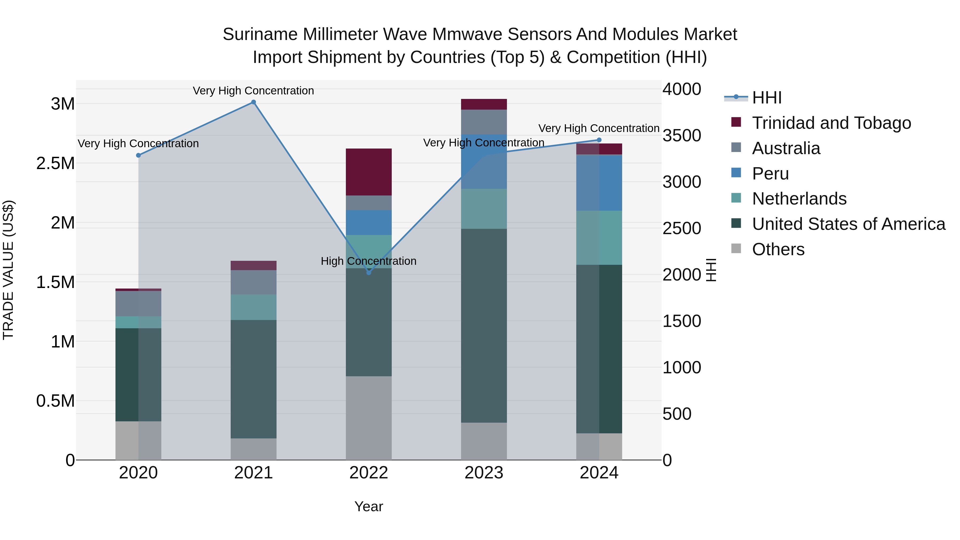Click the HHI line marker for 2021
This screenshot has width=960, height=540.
click(x=253, y=102)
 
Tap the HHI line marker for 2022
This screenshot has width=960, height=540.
click(x=369, y=273)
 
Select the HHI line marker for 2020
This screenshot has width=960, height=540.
click(x=138, y=155)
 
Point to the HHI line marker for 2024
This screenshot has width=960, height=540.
click(x=599, y=140)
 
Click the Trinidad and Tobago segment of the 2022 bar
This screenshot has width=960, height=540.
click(x=369, y=172)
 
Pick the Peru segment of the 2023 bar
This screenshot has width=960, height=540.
click(x=484, y=161)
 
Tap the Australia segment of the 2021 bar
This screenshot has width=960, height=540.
click(x=253, y=282)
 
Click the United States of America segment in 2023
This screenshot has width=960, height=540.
click(x=484, y=325)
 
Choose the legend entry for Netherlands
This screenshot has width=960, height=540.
click(x=799, y=199)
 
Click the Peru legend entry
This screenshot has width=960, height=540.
click(x=770, y=174)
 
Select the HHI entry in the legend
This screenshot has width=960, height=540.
click(x=767, y=98)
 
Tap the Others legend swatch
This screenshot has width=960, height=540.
click(x=736, y=248)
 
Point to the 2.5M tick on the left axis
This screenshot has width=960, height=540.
click(x=55, y=163)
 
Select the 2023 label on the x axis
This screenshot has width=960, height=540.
click(x=484, y=473)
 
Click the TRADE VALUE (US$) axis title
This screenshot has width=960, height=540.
click(x=9, y=270)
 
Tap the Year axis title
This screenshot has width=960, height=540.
click(x=369, y=506)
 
